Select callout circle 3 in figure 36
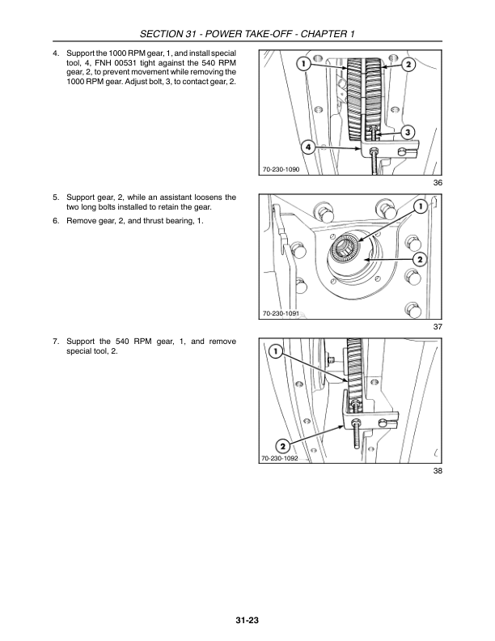pos(408,131)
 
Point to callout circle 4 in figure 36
pos(308,147)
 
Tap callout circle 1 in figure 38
pos(275,351)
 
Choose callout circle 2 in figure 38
pos(281,446)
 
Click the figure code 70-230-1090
pos(281,169)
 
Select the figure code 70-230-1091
pos(281,313)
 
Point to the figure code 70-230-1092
pos(281,458)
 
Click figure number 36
pos(438,184)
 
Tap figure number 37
pos(438,327)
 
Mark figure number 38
pos(438,472)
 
